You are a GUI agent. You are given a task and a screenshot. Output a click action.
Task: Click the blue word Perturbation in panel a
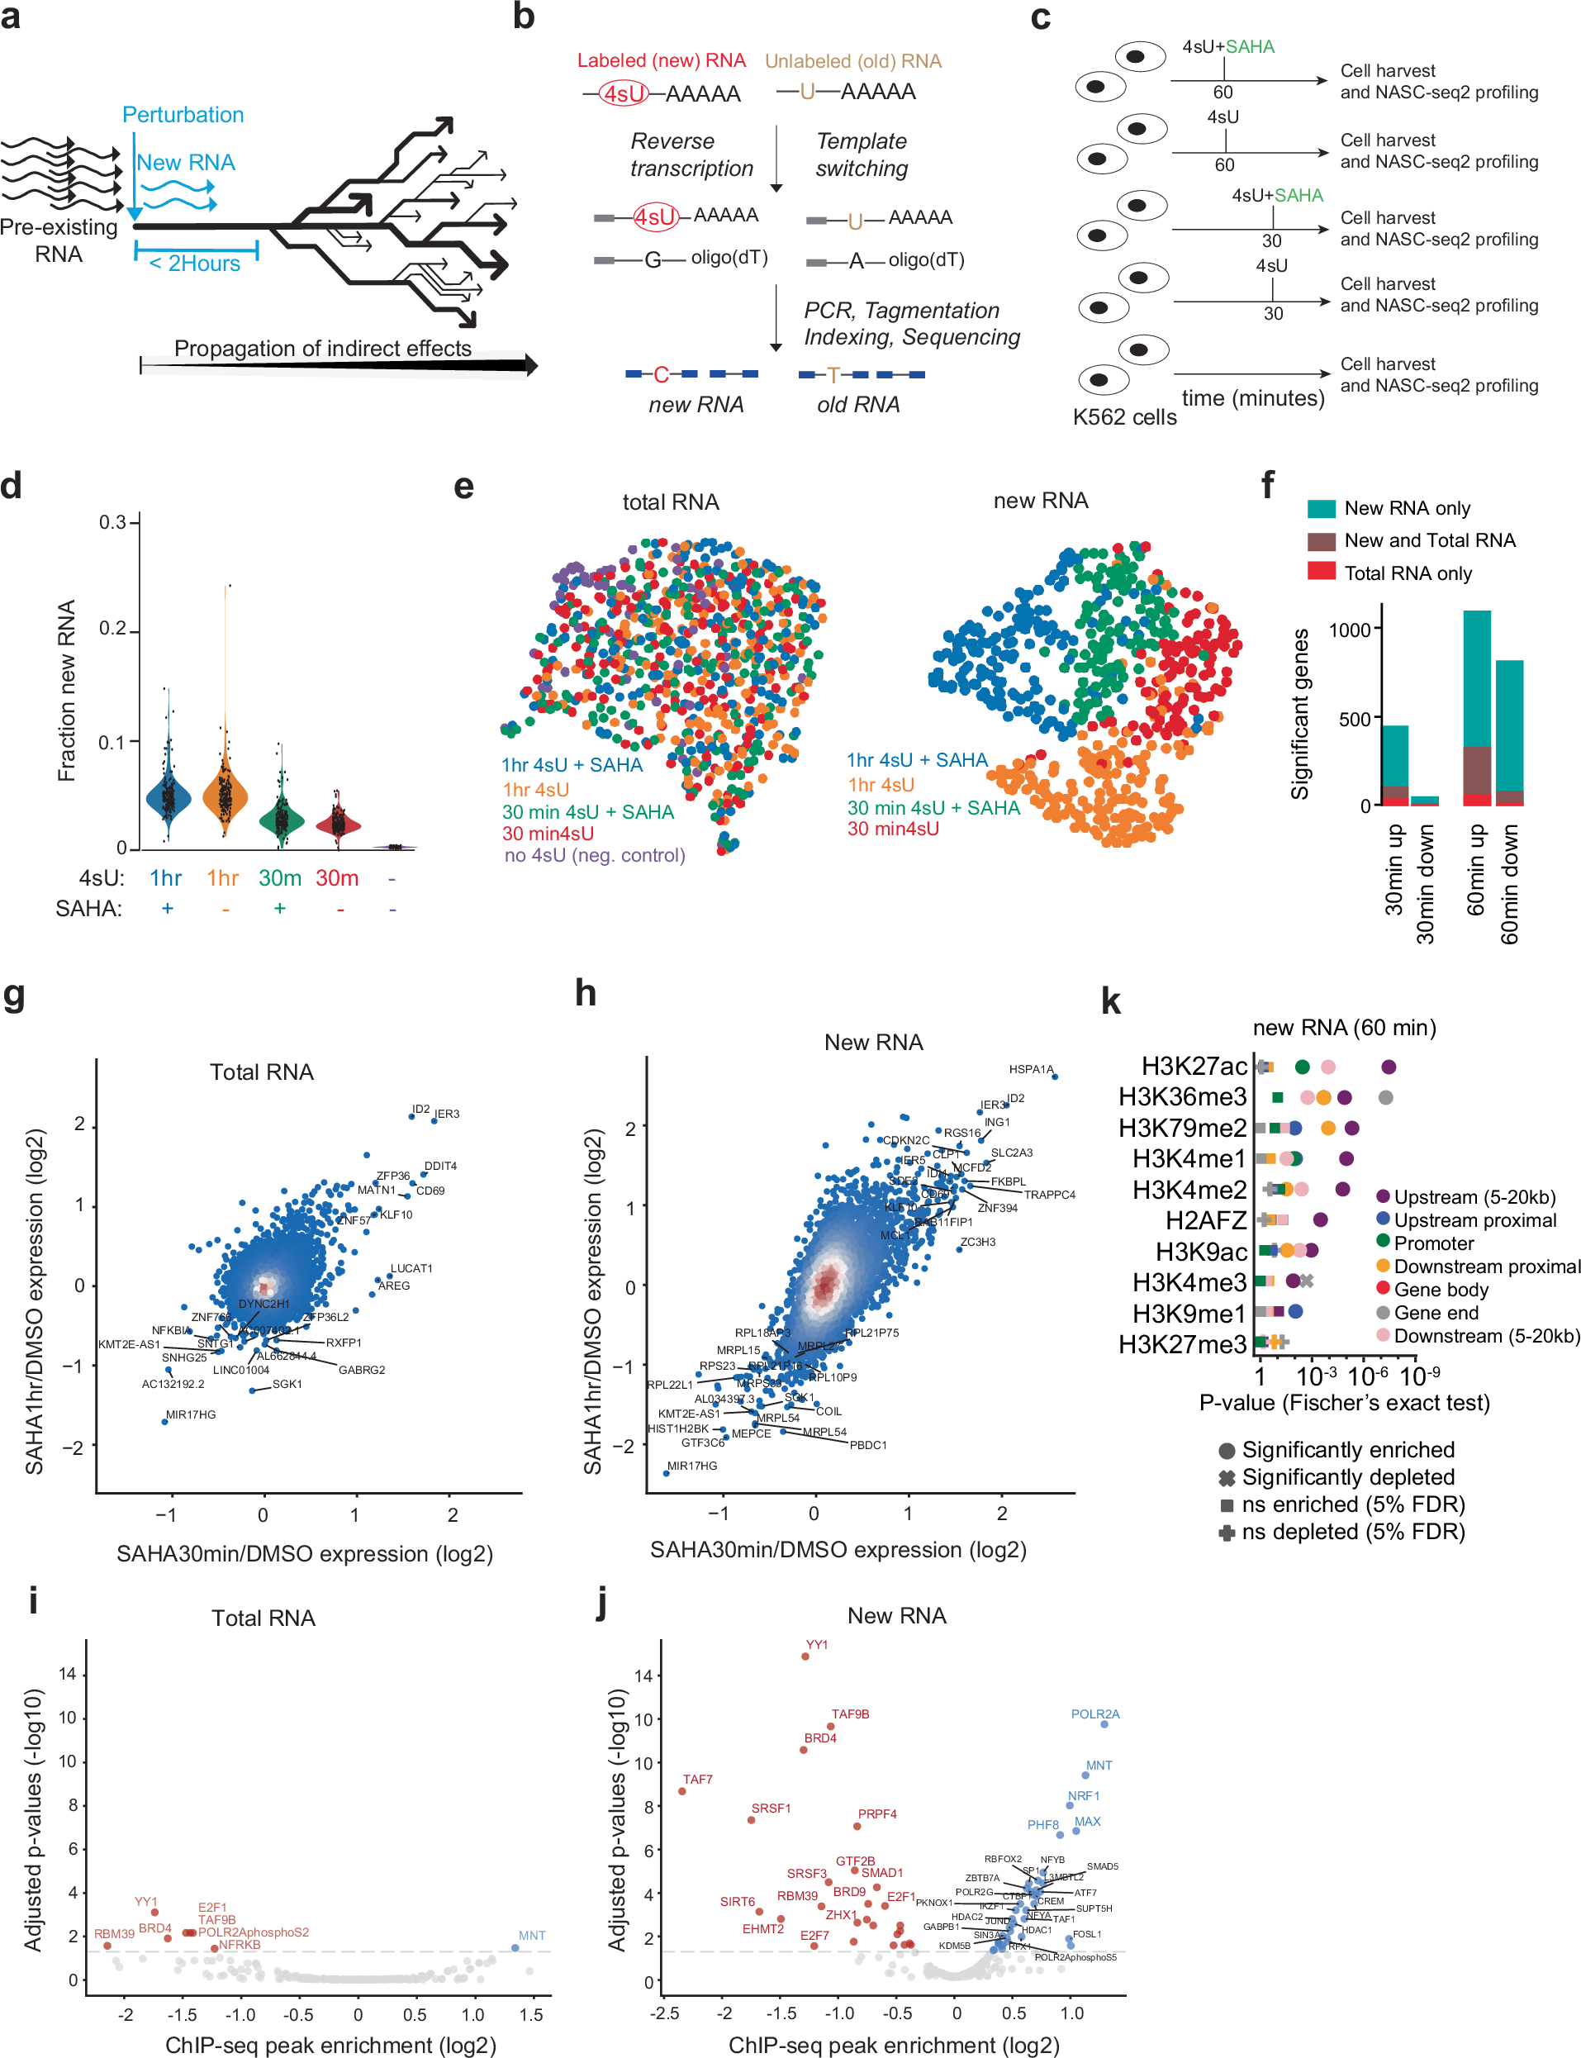tap(183, 115)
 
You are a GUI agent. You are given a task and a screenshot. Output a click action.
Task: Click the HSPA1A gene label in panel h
tap(1031, 1069)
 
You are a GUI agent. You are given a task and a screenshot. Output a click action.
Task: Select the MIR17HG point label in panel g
tap(191, 1414)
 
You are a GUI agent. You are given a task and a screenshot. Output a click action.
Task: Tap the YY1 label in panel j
tap(817, 1645)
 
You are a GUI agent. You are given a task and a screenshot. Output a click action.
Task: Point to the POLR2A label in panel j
tap(1094, 1714)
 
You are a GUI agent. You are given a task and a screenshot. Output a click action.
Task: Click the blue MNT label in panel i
tap(532, 1936)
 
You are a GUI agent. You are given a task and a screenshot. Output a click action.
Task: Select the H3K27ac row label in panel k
tap(1194, 1066)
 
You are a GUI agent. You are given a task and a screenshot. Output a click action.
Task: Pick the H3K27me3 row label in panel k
tap(1182, 1345)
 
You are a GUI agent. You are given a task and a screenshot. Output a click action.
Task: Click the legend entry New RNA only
tap(1406, 508)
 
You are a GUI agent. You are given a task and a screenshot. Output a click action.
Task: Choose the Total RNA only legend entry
tap(1407, 573)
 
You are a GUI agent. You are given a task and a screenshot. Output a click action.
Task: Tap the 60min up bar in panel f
tap(1477, 706)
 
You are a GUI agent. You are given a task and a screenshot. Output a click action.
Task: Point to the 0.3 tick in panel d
tap(113, 521)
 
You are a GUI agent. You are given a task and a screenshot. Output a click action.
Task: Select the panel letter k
tap(1110, 1001)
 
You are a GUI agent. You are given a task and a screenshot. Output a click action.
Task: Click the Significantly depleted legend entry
tap(1346, 1477)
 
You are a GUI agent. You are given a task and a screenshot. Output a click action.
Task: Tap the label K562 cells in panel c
tap(1124, 417)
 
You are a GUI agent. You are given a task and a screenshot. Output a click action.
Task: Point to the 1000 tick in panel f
tap(1349, 630)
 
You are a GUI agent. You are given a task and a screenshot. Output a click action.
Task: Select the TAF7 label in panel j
tap(697, 1780)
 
